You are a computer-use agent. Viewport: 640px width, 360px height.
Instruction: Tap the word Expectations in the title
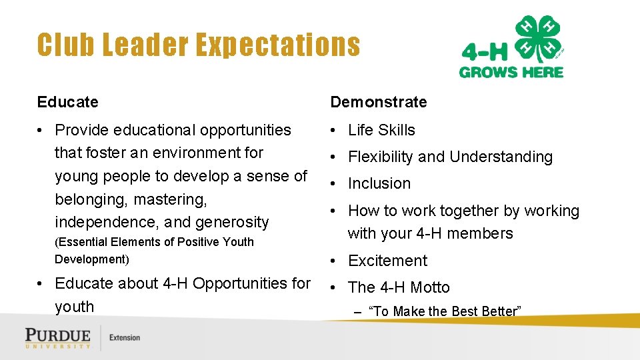point(277,45)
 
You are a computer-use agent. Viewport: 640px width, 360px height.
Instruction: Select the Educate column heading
point(67,102)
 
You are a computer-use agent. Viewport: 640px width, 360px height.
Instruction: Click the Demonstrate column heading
point(379,102)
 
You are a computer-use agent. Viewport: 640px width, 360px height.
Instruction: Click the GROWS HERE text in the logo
point(511,72)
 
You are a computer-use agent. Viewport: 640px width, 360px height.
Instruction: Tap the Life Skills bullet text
point(381,130)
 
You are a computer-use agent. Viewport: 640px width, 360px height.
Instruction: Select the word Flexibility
point(381,157)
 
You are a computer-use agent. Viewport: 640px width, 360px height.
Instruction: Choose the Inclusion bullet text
point(379,183)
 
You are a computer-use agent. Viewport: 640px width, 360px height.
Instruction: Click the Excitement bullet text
point(388,261)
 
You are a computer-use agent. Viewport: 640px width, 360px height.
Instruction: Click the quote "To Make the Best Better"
point(445,311)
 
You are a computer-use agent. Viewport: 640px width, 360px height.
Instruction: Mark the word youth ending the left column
point(74,307)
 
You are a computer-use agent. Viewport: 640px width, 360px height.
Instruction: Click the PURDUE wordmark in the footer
point(57,335)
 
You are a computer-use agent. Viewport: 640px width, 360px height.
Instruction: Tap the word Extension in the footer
point(125,337)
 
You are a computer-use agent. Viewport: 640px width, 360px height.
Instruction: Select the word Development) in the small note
point(92,259)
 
